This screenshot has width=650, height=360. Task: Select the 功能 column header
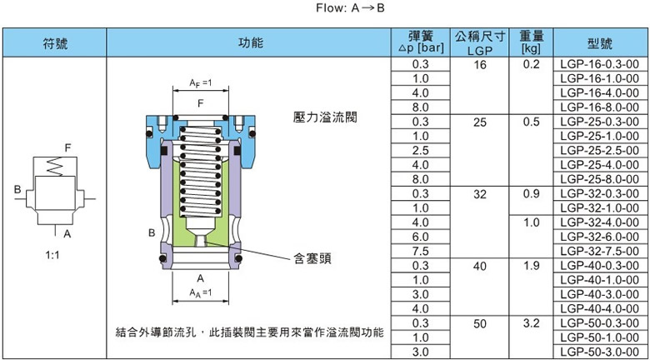pos(251,42)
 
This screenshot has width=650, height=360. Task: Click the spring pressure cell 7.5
pos(420,251)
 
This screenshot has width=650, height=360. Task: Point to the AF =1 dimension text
pos(199,83)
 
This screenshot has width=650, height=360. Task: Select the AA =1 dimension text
pos(199,293)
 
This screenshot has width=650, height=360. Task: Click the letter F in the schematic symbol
pos(68,147)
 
